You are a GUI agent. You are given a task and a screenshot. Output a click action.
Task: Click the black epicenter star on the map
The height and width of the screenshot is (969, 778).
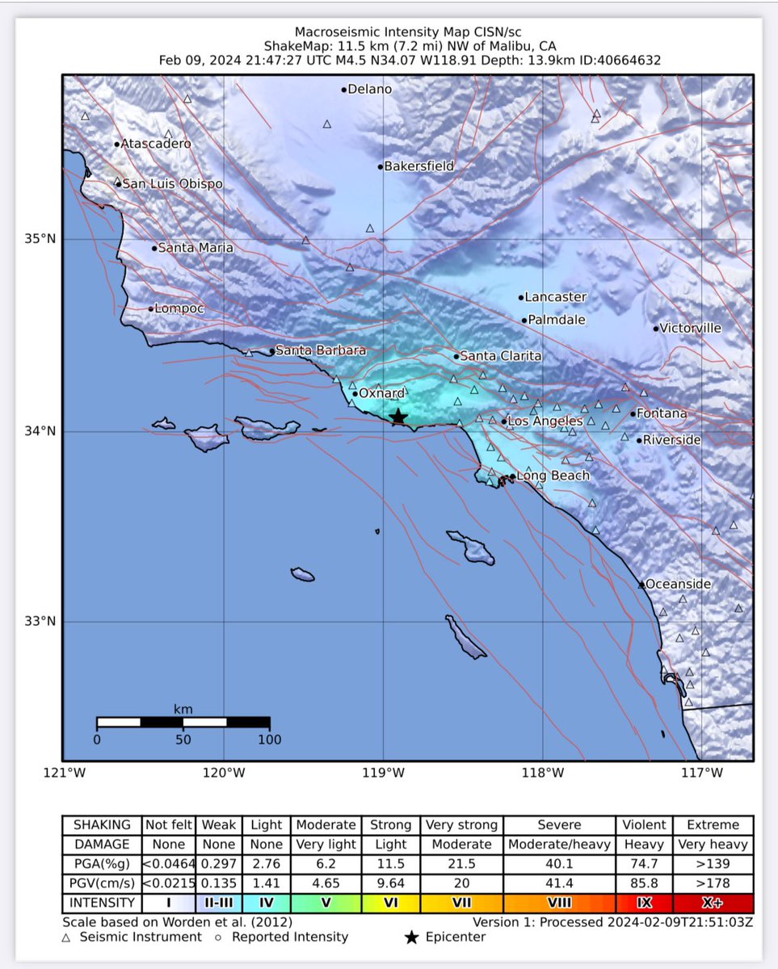pyautogui.click(x=397, y=417)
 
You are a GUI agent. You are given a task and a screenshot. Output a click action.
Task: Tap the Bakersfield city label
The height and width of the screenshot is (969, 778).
pyautogui.click(x=418, y=166)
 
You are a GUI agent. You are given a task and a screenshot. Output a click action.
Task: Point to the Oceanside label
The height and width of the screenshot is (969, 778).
pyautogui.click(x=678, y=584)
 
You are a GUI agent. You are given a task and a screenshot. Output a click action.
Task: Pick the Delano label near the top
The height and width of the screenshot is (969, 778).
pyautogui.click(x=369, y=90)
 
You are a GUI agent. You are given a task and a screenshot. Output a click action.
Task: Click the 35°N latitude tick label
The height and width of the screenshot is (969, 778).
pyautogui.click(x=41, y=240)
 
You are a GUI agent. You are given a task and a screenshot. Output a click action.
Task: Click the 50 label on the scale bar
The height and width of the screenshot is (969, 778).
pyautogui.click(x=183, y=739)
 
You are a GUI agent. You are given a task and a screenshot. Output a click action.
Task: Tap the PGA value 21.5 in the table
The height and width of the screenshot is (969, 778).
pyautogui.click(x=460, y=864)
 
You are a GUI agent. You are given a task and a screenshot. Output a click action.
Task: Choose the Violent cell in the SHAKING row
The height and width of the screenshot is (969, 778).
pyautogui.click(x=644, y=825)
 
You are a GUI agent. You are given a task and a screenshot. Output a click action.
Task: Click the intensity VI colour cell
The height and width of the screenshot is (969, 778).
pyautogui.click(x=390, y=903)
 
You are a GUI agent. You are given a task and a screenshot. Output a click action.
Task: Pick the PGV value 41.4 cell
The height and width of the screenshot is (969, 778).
pyautogui.click(x=559, y=883)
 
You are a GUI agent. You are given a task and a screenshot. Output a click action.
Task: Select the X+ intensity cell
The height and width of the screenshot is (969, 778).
pyautogui.click(x=713, y=903)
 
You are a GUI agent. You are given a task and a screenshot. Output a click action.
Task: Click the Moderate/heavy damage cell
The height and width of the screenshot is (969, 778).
pyautogui.click(x=559, y=845)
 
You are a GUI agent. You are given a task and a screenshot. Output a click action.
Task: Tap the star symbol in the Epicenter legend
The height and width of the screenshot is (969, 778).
pyautogui.click(x=412, y=937)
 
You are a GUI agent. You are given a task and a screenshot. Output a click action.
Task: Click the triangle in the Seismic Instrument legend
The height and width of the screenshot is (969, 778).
pyautogui.click(x=66, y=937)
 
